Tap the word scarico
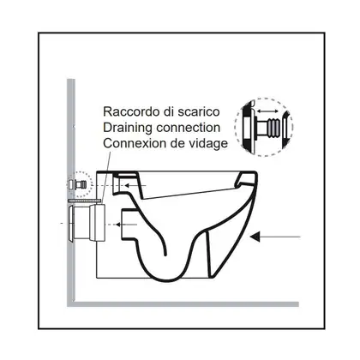coord(199,111)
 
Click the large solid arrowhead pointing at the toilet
coord(255,237)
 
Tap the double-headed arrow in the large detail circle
coord(267,111)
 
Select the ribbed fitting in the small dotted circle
coord(81,184)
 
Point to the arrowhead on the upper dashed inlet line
coord(128,186)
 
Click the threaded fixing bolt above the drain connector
coord(85,201)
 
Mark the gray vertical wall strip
coord(71,191)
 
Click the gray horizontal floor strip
coord(183,304)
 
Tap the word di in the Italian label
coord(170,111)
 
